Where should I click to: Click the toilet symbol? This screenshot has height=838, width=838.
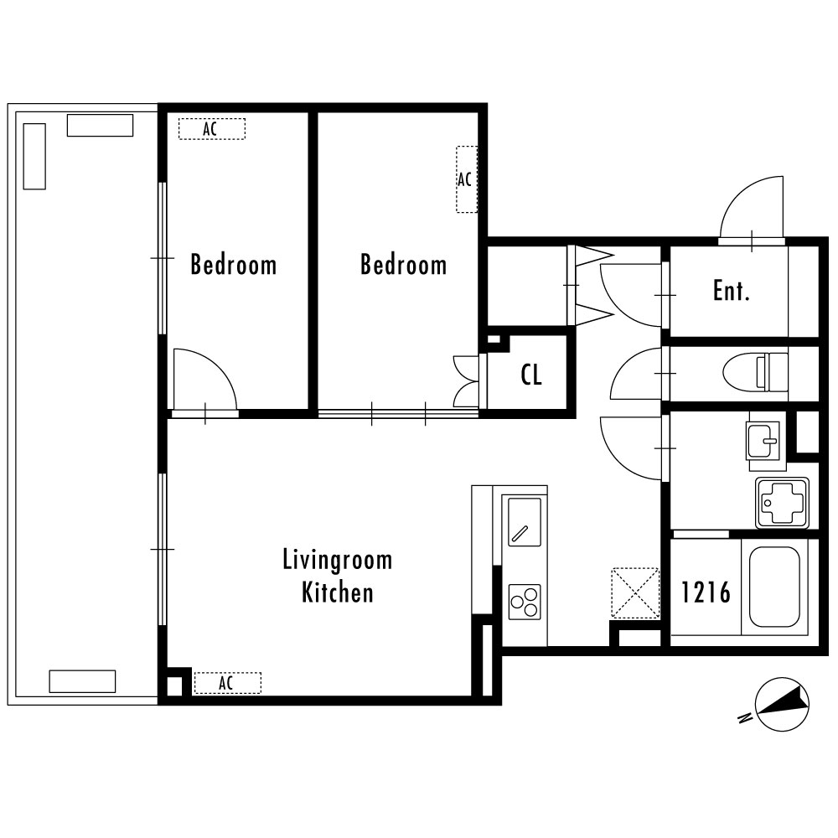[x=755, y=372]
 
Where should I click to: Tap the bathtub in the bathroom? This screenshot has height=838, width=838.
[x=774, y=587]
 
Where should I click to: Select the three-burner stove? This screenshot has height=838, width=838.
[x=525, y=602]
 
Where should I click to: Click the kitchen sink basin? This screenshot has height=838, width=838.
[x=525, y=521]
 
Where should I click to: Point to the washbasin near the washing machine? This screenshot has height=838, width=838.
[x=763, y=441]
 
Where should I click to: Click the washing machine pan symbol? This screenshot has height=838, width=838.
[x=782, y=502]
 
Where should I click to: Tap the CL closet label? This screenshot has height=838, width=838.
[x=531, y=375]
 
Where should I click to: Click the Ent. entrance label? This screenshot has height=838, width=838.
[x=731, y=291]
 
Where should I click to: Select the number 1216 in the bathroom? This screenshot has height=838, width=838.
[x=706, y=592]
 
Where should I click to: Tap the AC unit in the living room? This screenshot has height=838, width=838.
[x=227, y=683]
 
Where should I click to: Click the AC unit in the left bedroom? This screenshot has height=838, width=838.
[x=212, y=129]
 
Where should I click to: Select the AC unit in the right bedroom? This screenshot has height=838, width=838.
[x=466, y=179]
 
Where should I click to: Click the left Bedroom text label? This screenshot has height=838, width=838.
[x=234, y=265]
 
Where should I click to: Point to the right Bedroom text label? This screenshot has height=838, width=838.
[x=404, y=265]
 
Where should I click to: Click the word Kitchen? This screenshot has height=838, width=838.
[x=337, y=592]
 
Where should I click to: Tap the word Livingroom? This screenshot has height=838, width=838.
[x=337, y=560]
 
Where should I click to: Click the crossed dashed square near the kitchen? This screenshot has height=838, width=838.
[x=635, y=593]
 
